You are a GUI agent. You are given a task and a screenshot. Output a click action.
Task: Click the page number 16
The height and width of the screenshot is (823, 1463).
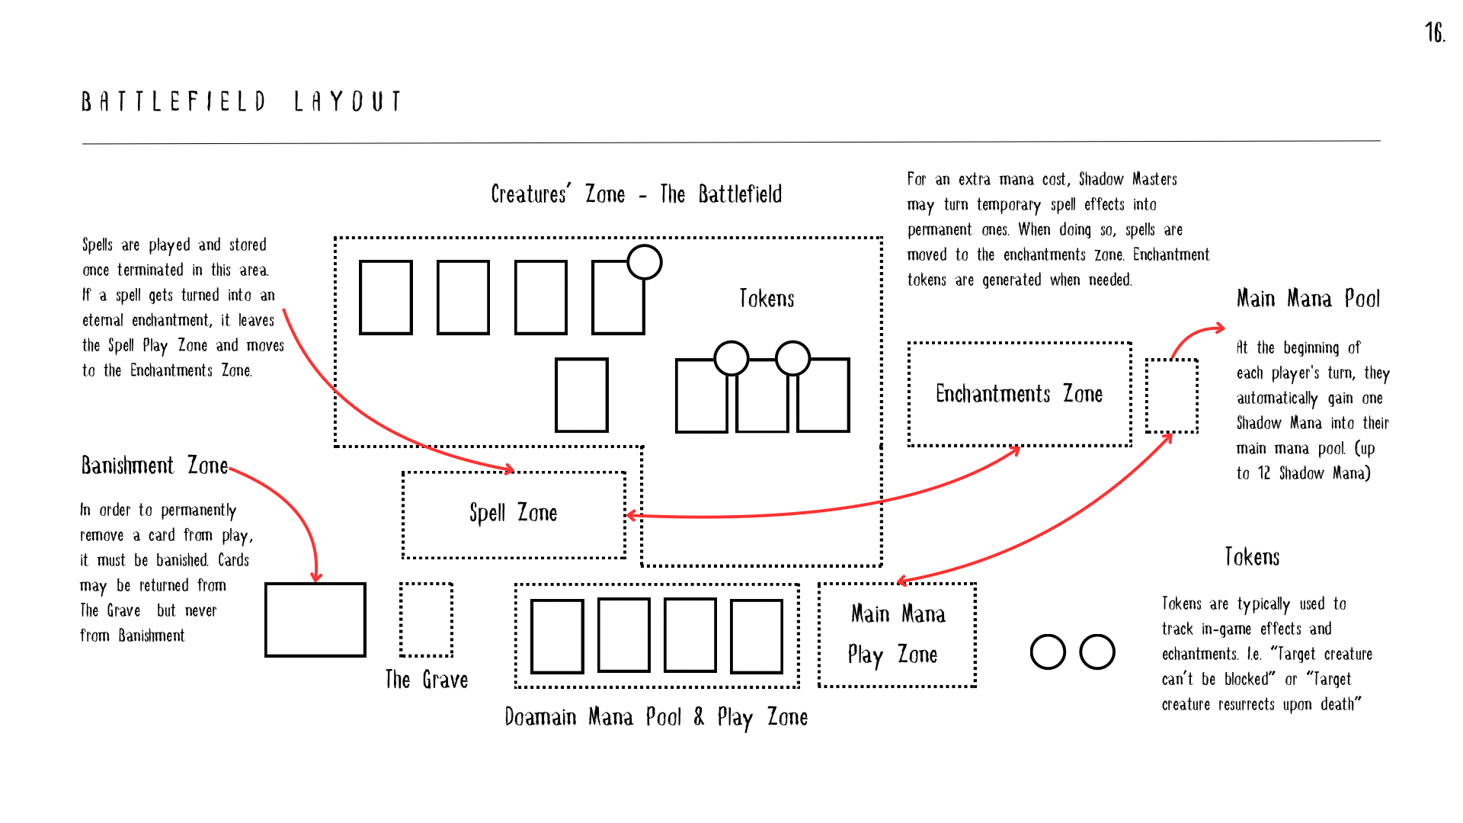click(x=1435, y=33)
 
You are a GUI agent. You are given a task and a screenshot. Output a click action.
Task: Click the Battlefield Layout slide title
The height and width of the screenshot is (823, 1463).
click(x=242, y=101)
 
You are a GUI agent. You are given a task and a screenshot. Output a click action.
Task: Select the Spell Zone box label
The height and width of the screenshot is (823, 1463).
click(x=513, y=514)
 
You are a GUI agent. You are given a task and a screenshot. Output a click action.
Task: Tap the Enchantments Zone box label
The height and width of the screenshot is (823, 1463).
click(x=1019, y=394)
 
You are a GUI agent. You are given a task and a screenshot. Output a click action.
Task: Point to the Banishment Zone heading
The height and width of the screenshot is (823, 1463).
click(x=155, y=466)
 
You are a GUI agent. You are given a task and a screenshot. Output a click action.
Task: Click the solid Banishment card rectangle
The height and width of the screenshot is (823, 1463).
click(x=315, y=620)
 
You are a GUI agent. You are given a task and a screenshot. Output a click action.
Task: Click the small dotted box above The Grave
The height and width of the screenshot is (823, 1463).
click(x=426, y=620)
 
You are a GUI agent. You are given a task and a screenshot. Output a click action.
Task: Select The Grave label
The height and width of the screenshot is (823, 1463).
click(x=426, y=680)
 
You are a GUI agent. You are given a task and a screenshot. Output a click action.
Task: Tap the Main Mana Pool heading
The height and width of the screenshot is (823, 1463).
click(x=1308, y=299)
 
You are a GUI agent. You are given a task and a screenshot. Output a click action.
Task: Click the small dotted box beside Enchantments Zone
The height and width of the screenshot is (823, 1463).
click(x=1171, y=395)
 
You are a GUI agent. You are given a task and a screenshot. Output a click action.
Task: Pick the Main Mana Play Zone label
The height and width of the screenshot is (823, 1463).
click(x=897, y=635)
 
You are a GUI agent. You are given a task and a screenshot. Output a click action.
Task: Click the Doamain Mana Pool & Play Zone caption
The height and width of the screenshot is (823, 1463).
click(x=656, y=717)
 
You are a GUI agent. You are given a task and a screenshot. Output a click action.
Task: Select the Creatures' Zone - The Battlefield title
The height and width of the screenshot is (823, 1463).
click(x=636, y=194)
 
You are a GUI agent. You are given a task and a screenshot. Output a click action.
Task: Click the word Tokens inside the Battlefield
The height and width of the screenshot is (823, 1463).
click(x=767, y=299)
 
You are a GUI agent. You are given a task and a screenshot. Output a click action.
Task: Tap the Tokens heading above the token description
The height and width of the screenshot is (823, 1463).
click(x=1252, y=557)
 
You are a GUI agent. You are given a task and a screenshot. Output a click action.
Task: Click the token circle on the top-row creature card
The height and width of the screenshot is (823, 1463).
click(x=645, y=262)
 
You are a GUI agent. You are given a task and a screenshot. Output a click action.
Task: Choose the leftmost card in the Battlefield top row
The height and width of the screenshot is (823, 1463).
click(x=386, y=297)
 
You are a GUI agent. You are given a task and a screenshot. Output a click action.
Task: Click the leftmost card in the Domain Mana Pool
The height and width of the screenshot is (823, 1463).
click(x=557, y=636)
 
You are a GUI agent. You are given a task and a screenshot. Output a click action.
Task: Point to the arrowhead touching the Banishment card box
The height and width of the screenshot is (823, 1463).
click(x=316, y=578)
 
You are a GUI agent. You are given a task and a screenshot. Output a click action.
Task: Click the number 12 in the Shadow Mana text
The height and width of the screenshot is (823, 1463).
click(x=1263, y=473)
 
